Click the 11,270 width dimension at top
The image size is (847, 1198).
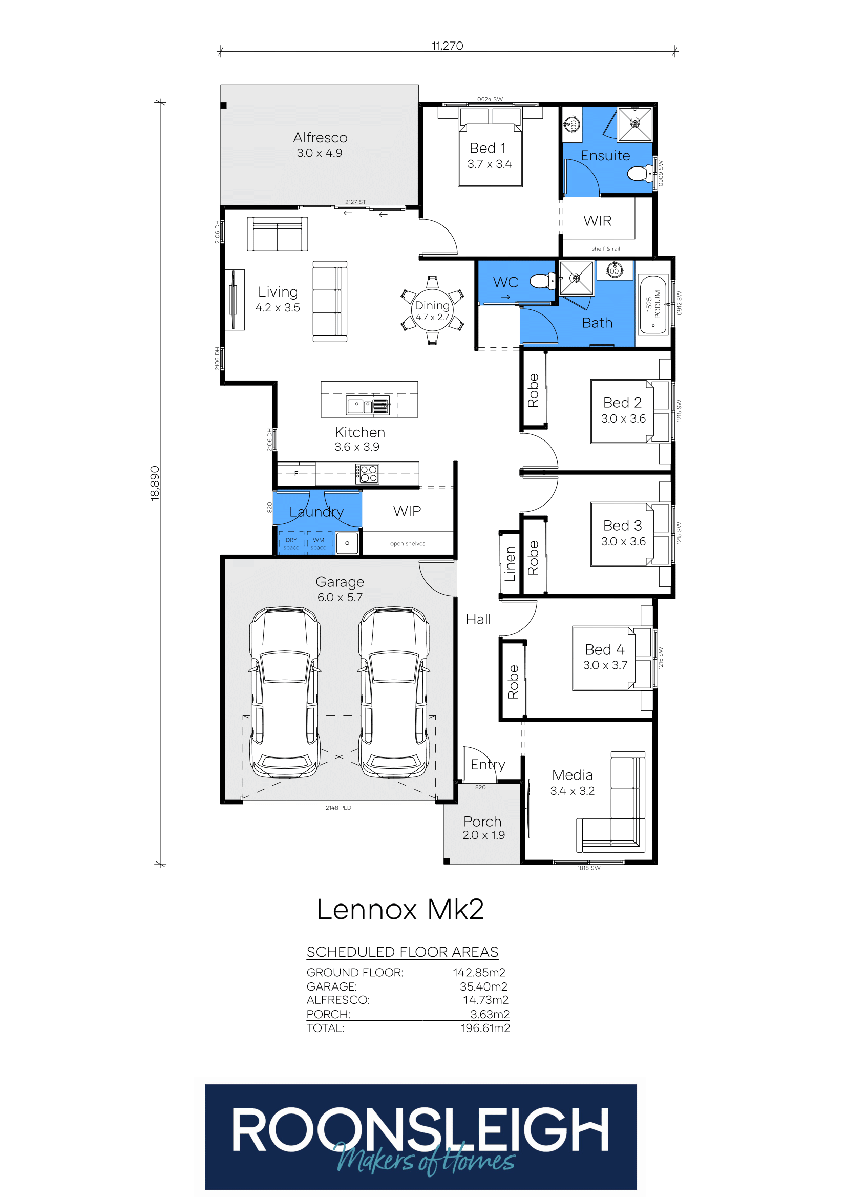pyautogui.click(x=447, y=46)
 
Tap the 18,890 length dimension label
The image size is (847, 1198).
pyautogui.click(x=155, y=483)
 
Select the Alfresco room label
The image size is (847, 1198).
pyautogui.click(x=320, y=138)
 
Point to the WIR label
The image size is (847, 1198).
pyautogui.click(x=597, y=221)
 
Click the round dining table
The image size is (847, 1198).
pyautogui.click(x=432, y=310)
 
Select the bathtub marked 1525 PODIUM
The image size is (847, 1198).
pyautogui.click(x=653, y=304)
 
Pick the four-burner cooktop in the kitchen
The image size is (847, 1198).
pyautogui.click(x=368, y=474)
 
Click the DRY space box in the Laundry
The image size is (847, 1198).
pyautogui.click(x=291, y=543)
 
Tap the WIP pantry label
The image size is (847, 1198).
pyautogui.click(x=407, y=511)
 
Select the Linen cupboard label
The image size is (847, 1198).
pyautogui.click(x=510, y=563)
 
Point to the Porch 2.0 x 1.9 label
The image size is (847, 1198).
pyautogui.click(x=483, y=828)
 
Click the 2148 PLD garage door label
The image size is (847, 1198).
pyautogui.click(x=338, y=808)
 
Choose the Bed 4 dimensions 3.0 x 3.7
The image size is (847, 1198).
pyautogui.click(x=605, y=665)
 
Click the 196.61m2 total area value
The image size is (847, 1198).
pyautogui.click(x=485, y=1028)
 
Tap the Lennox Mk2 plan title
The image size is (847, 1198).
pyautogui.click(x=400, y=910)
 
